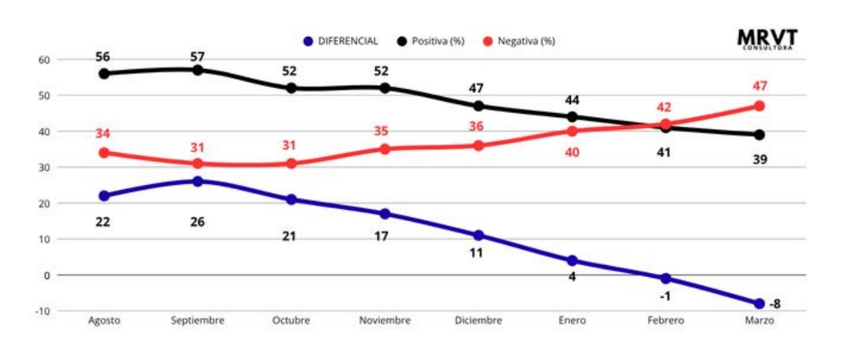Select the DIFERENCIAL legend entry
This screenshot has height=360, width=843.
pos(341,41)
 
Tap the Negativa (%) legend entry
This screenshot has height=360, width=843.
pos(519,41)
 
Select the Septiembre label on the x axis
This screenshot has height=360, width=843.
pos(197,320)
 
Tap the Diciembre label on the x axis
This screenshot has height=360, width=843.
pos(478,320)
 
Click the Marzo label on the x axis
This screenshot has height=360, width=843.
pos(759,320)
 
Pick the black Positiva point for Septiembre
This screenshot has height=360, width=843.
pos(197,70)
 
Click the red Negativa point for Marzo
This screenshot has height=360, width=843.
pos(759,106)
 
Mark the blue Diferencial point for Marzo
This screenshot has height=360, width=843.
pos(759,303)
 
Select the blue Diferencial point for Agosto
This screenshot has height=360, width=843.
pos(104,196)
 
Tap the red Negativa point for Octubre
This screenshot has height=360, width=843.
pos(291,163)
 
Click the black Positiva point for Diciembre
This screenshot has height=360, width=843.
pos(478,106)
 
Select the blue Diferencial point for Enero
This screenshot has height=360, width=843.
pos(572,260)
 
